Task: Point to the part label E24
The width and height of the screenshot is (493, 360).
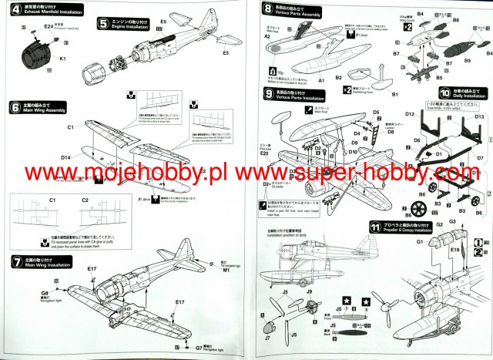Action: (x=49, y=25)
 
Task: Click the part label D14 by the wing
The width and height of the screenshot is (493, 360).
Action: (x=65, y=157)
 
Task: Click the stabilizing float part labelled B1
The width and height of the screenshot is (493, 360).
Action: (x=394, y=93)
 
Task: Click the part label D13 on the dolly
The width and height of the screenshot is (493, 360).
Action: (x=478, y=116)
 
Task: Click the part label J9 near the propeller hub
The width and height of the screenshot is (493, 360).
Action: (x=309, y=291)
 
